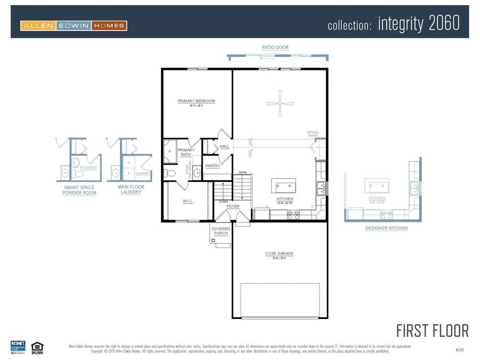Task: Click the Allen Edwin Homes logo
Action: (x=74, y=25)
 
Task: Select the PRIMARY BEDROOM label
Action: (x=196, y=101)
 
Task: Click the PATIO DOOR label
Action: (x=275, y=47)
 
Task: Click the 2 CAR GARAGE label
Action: (x=279, y=253)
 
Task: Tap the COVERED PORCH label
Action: (x=221, y=231)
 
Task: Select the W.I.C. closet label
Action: (x=187, y=201)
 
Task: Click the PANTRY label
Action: (x=213, y=166)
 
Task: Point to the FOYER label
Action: (x=233, y=206)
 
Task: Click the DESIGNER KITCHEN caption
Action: (x=386, y=228)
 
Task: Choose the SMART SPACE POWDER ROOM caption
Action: (x=80, y=190)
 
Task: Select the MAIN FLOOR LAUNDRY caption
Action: (x=131, y=190)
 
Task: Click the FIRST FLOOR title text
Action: (x=433, y=331)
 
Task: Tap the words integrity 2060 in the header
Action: (x=418, y=23)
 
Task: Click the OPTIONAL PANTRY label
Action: (x=313, y=134)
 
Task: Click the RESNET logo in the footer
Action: (x=18, y=346)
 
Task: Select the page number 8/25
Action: (x=460, y=349)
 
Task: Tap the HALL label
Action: (x=224, y=146)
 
